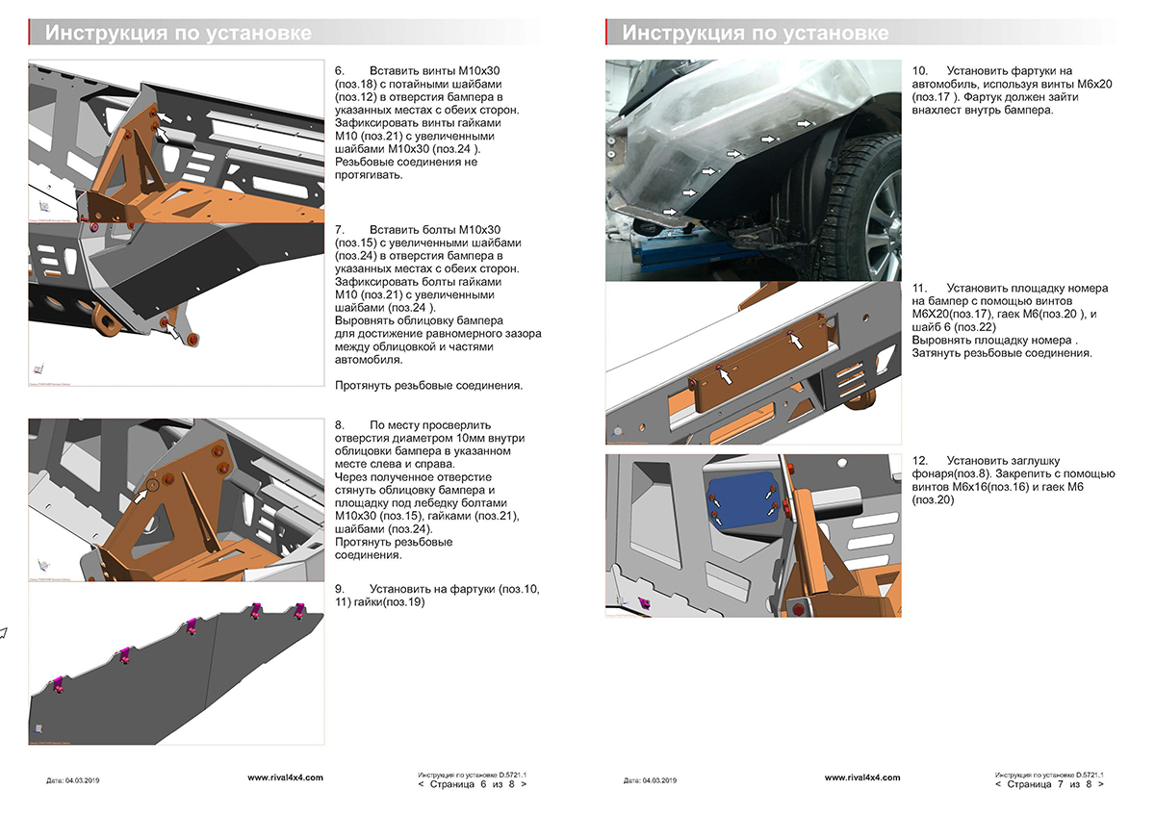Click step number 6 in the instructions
340,71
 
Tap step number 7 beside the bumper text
340,230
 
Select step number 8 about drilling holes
340,424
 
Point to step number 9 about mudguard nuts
340,588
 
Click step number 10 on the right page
919,71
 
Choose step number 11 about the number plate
919,288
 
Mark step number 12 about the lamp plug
919,460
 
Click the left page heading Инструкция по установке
178,34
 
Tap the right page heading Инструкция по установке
755,34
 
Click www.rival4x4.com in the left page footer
285,777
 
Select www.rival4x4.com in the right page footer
862,777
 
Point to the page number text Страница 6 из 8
473,784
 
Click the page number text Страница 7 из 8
1050,784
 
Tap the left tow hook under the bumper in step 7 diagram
103,318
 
